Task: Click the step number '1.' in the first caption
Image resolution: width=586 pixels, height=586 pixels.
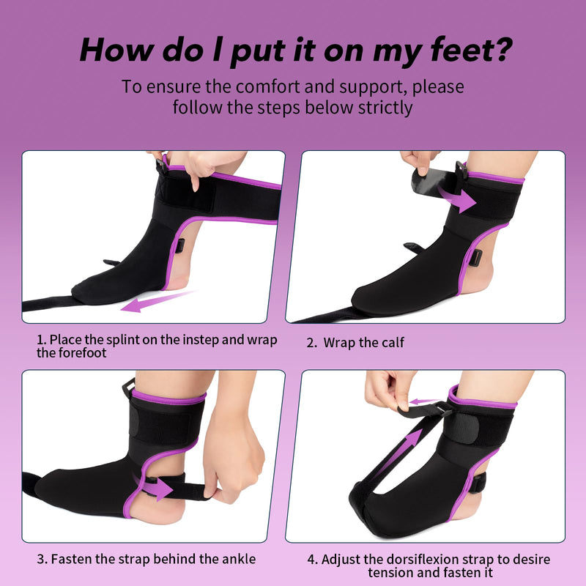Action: point(42,340)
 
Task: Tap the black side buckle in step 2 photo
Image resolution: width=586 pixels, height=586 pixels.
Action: point(475,258)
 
